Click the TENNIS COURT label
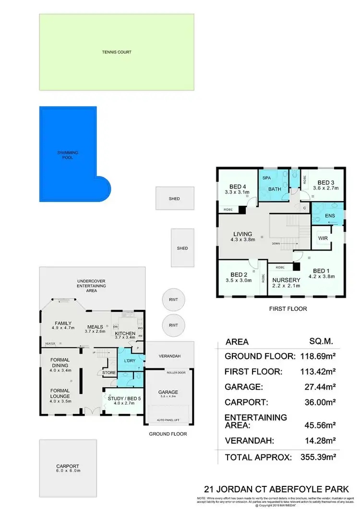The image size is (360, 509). coord(117,52)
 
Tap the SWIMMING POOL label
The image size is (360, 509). coord(68,155)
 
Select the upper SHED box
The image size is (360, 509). coord(175,198)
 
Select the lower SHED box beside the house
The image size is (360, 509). coord(182,248)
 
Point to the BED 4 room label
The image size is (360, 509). coord(237,187)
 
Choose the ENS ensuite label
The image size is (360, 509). coord(330,216)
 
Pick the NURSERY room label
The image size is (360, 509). coord(287,280)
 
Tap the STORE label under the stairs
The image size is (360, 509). coord(109,372)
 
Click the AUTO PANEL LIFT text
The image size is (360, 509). coord(168,420)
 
